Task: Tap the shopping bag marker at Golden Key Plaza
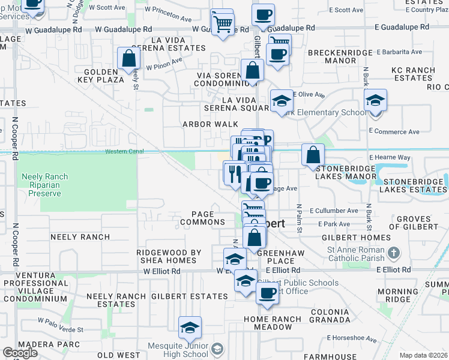[128, 58]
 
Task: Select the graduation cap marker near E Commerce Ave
[375, 100]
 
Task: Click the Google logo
[20, 353]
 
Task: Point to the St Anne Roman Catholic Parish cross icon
[394, 253]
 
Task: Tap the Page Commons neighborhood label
[207, 218]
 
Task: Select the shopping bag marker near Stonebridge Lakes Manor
[313, 155]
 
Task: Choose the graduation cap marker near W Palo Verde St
[190, 328]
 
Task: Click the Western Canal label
[124, 152]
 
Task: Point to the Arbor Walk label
[206, 124]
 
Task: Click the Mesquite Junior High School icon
[217, 349]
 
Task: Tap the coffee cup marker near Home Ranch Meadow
[267, 293]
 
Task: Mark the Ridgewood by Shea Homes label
[168, 256]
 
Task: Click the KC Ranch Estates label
[412, 74]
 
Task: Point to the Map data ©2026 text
[423, 355]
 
